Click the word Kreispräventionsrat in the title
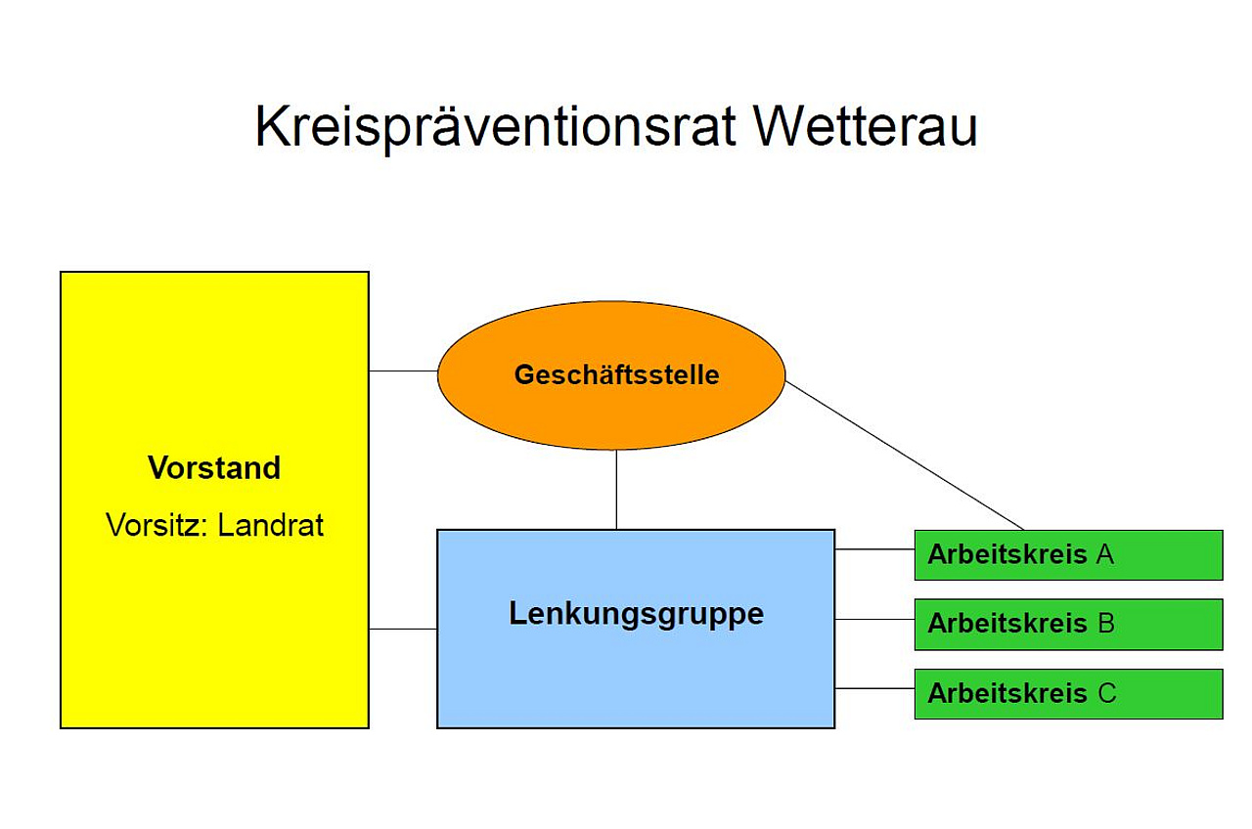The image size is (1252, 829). click(x=496, y=128)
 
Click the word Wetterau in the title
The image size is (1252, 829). click(x=866, y=126)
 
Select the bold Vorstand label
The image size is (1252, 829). click(x=214, y=467)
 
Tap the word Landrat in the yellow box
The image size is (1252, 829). click(x=271, y=525)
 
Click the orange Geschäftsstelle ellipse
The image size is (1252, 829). click(x=611, y=375)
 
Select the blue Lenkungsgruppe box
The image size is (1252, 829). click(x=636, y=629)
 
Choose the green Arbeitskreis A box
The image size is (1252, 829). click(x=1069, y=555)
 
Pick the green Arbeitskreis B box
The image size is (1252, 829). click(x=1069, y=625)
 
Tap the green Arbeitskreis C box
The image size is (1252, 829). click(x=1069, y=694)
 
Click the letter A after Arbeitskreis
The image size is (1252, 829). click(x=1105, y=554)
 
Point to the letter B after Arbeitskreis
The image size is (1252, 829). click(x=1106, y=624)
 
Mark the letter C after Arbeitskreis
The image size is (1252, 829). click(x=1107, y=693)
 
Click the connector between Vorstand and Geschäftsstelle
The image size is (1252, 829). click(x=403, y=371)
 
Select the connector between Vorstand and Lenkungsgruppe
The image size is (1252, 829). click(x=403, y=629)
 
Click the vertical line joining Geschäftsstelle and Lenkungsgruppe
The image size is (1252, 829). click(x=616, y=490)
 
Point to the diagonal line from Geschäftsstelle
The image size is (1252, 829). click(x=905, y=456)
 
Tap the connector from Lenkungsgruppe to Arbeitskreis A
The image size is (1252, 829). click(x=874, y=549)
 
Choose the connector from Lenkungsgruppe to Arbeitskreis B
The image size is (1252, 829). click(x=874, y=620)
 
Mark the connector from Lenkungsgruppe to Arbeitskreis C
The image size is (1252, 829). click(x=874, y=688)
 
